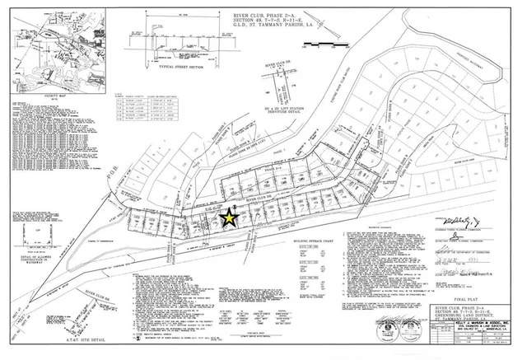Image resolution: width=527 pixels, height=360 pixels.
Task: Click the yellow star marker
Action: coord(228,218)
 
